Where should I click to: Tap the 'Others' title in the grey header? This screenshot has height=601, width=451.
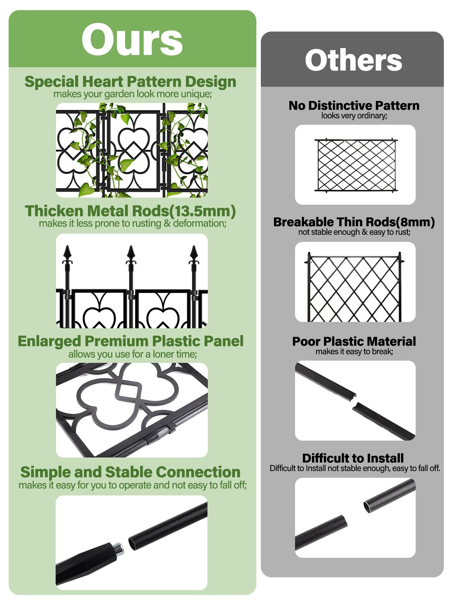(x=353, y=60)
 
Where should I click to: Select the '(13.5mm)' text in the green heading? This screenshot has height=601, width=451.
(x=203, y=211)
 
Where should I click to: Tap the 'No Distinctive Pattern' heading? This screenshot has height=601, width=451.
(x=354, y=106)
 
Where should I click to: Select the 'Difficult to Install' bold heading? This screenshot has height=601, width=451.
(x=353, y=458)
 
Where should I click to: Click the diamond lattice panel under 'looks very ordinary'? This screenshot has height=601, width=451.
(x=356, y=165)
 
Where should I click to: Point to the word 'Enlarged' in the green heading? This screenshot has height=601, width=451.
(x=49, y=341)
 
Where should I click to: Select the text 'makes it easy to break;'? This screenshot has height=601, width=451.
(x=354, y=352)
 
